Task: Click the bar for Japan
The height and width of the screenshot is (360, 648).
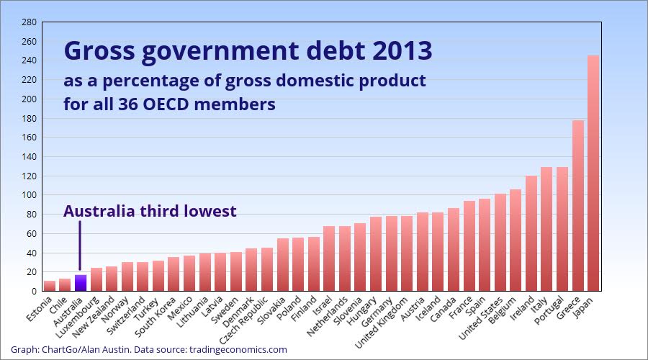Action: click(x=593, y=173)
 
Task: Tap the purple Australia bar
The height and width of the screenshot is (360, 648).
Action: click(x=81, y=283)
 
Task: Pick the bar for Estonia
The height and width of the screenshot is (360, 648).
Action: click(x=50, y=286)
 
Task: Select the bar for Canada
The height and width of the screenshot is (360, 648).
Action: click(x=454, y=249)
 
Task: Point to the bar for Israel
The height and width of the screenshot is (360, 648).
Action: click(x=329, y=258)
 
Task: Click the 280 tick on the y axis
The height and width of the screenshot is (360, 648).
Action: click(x=29, y=22)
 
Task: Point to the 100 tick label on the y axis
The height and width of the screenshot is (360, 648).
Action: click(x=29, y=195)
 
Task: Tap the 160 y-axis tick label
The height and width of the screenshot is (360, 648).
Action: click(x=29, y=138)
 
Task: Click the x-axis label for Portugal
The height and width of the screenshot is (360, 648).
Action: click(x=550, y=310)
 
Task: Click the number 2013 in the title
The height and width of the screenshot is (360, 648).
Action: click(x=400, y=51)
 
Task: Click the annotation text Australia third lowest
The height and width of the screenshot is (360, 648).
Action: click(x=150, y=211)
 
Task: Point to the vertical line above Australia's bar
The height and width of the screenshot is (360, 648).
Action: click(x=80, y=245)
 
